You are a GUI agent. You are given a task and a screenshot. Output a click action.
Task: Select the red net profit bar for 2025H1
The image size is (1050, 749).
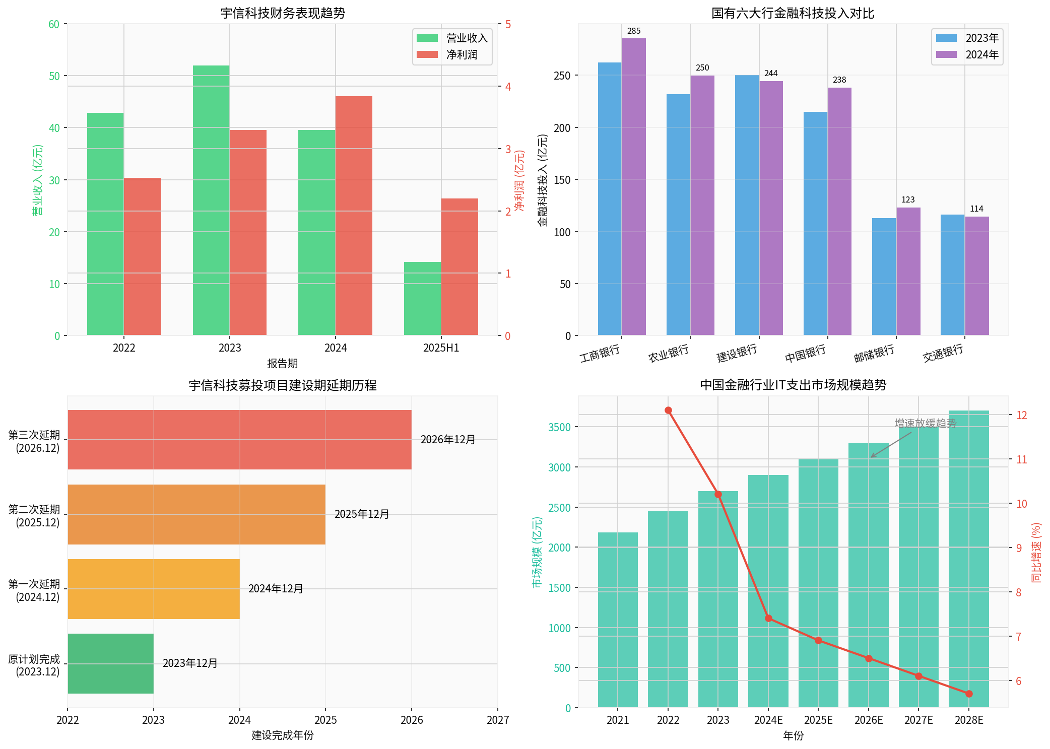[460, 266]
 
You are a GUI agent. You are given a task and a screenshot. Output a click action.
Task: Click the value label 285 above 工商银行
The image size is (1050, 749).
[634, 31]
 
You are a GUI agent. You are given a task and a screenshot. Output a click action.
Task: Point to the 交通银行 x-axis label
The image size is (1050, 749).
[943, 353]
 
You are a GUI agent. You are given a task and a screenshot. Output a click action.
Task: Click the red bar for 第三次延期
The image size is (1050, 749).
[239, 439]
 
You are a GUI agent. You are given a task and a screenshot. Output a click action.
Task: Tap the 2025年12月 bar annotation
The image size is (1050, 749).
[362, 514]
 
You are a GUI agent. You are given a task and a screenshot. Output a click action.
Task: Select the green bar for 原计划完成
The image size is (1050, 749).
[110, 663]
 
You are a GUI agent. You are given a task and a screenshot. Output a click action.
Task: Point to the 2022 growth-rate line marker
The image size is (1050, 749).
[668, 411]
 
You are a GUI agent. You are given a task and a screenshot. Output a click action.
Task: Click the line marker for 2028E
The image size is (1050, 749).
[969, 694]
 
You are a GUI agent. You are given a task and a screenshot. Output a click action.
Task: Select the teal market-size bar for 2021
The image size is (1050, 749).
[618, 620]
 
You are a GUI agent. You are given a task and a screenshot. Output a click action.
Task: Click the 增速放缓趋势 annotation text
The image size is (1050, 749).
[926, 423]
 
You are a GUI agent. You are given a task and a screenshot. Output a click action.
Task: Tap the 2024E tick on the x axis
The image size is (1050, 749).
[768, 720]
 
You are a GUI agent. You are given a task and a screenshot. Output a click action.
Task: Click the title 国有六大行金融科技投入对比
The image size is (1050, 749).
[793, 13]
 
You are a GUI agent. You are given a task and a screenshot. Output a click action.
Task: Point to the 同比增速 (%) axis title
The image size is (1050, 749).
[1036, 553]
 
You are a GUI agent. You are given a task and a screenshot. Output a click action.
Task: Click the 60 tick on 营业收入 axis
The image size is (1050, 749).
[54, 24]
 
